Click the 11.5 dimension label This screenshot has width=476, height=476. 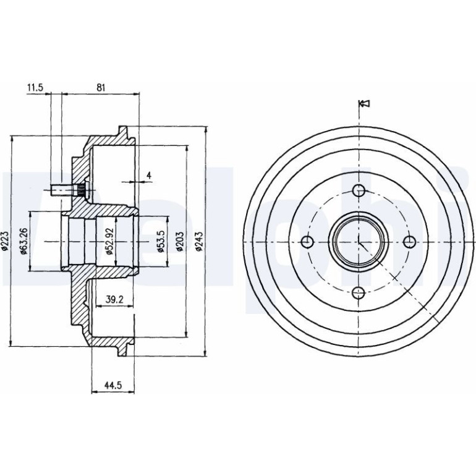coord(35,87)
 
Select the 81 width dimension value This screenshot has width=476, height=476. coord(101,87)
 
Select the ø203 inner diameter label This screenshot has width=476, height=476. coord(180,242)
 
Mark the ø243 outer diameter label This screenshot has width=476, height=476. coord(199,242)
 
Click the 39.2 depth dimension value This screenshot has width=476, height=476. coord(114,300)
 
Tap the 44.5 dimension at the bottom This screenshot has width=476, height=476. coord(113,385)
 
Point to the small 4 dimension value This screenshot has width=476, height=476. coord(149,175)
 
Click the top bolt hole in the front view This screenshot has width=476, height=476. coord(359,190)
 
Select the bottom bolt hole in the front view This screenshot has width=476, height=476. coord(359,293)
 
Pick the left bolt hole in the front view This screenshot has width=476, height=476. coord(307,242)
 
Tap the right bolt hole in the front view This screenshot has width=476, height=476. coord(410,242)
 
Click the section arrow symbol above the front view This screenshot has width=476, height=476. coord(364,103)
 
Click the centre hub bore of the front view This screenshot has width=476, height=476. coord(359,242)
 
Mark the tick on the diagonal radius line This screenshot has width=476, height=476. coord(394,278)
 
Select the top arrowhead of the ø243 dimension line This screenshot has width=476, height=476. coord(206,129)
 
